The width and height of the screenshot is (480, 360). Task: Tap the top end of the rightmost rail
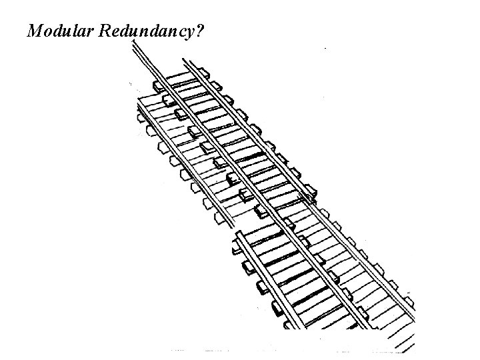[x=185, y=62]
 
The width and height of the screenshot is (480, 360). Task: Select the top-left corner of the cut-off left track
[x=139, y=98]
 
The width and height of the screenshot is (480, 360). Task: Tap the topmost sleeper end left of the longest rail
[x=158, y=86]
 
